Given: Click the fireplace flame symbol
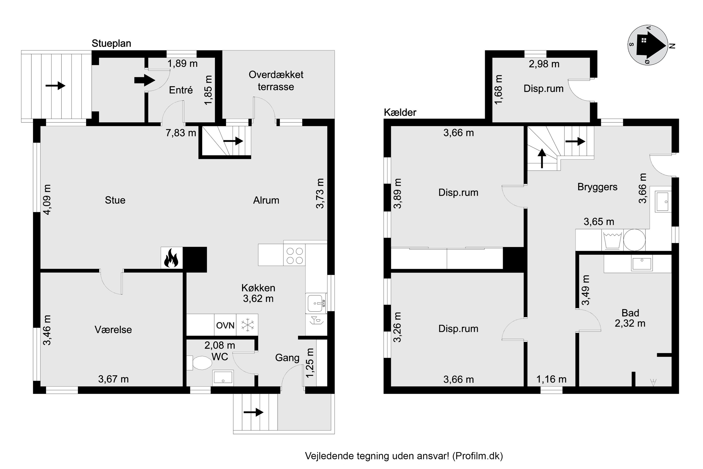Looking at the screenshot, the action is [171, 258].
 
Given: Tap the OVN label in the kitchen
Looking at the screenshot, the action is [225, 325].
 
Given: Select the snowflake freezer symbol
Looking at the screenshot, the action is [247, 325].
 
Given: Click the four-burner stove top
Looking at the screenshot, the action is [295, 256].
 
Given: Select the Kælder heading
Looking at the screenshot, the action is [400, 113].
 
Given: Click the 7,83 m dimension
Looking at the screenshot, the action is [181, 133].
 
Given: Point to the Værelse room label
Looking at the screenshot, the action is [113, 330].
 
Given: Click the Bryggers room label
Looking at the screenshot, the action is [597, 187].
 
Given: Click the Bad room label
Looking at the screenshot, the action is [630, 313].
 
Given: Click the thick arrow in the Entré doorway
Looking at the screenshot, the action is [145, 80].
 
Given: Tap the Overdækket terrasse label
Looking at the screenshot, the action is [276, 81].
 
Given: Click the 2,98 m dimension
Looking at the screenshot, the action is [544, 64].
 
